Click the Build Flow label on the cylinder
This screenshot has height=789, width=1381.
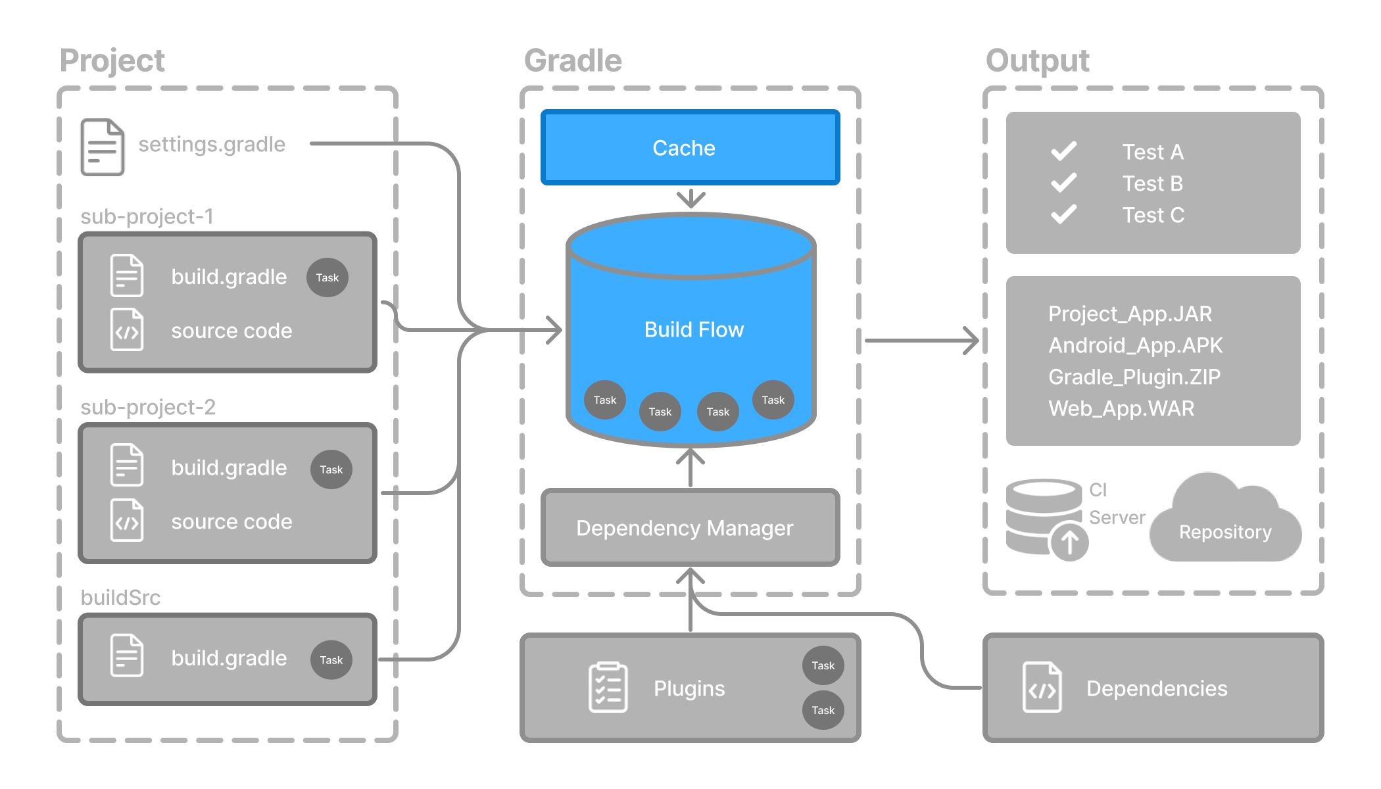[694, 329]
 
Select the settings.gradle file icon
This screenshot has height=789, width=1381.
[102, 147]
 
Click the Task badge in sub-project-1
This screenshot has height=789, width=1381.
[327, 277]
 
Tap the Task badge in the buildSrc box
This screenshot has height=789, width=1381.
[331, 659]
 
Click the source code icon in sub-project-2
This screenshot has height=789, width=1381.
[127, 521]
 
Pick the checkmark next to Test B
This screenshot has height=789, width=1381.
[1063, 183]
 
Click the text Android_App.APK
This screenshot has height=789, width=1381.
[1135, 345]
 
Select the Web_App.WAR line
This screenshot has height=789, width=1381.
[1121, 408]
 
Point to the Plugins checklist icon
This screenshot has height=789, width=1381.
[608, 688]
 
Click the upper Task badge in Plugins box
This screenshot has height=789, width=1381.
[823, 665]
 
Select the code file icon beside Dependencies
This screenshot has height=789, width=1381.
[1042, 688]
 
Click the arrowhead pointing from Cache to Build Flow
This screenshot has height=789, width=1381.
[690, 199]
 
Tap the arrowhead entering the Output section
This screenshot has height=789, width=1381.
[972, 341]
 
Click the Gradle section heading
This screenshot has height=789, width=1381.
[572, 60]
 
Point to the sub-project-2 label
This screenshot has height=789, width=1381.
[148, 407]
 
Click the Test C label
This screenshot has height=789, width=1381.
[1153, 215]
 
